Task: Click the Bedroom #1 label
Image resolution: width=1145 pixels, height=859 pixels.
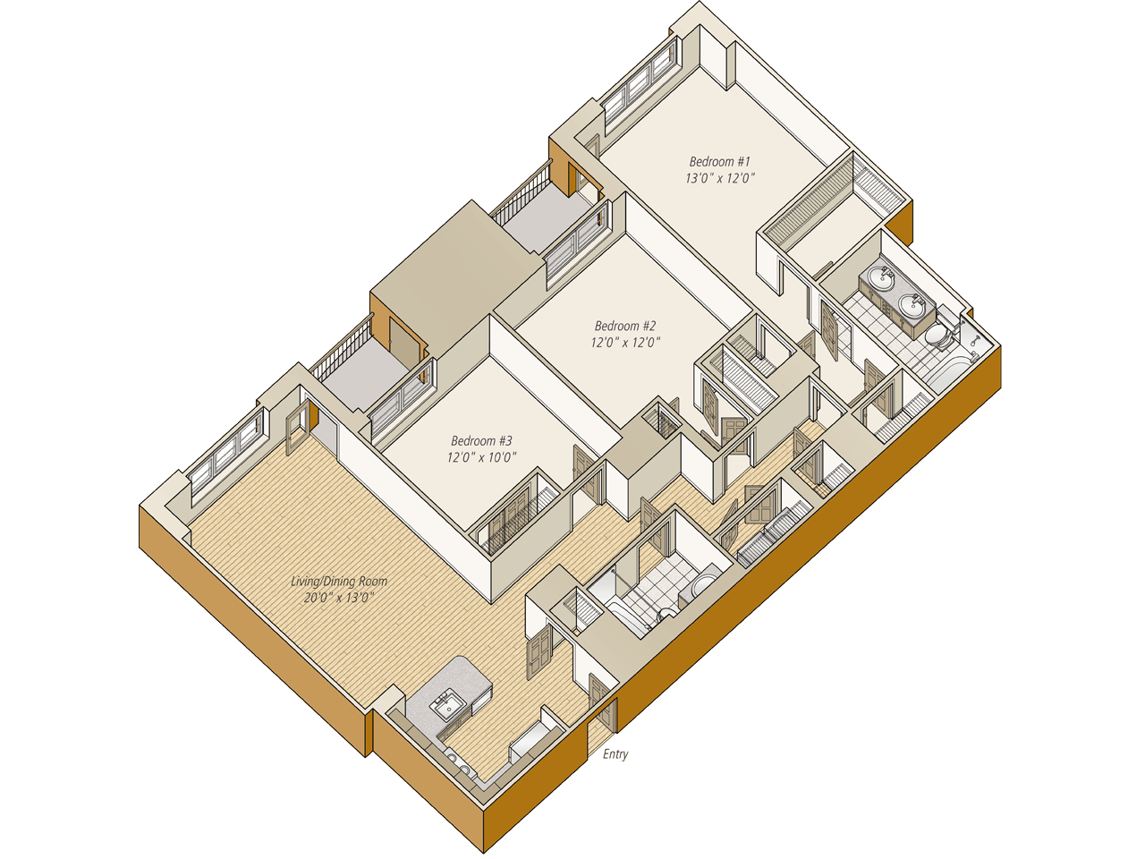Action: point(719,162)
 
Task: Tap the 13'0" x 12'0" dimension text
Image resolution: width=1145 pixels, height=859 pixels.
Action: point(719,178)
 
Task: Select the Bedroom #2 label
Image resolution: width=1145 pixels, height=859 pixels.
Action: point(625,327)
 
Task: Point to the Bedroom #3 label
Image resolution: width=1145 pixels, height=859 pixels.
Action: point(481,441)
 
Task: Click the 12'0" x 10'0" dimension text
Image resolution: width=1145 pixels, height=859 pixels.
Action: point(481,457)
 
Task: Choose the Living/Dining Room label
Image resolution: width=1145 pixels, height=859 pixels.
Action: point(339,582)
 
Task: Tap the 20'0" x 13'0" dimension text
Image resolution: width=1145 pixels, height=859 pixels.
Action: point(339,598)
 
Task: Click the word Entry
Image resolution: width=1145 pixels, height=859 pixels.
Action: point(615,754)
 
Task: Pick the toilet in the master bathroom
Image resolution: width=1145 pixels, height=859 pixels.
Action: point(938,336)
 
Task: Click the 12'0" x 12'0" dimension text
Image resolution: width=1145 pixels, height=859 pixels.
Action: point(625,343)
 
